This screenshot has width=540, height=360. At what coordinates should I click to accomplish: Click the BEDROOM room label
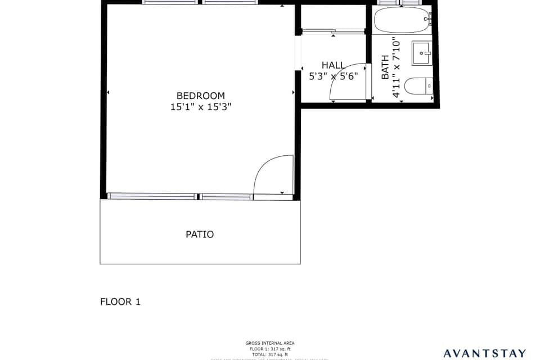coord(200,96)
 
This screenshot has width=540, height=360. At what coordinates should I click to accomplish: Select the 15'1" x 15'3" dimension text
coord(200,107)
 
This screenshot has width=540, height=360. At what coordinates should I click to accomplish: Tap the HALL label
coord(333,65)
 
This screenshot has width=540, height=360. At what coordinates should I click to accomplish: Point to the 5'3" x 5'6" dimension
coord(333,76)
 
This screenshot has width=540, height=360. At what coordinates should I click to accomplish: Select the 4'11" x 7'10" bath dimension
coord(397,67)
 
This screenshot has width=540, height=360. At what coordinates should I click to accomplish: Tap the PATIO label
coord(200,235)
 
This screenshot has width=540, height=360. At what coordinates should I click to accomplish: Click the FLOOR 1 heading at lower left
coord(120,302)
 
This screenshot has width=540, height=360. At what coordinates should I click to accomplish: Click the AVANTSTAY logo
coord(484,353)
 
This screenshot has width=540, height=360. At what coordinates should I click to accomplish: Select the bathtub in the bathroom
coord(402,20)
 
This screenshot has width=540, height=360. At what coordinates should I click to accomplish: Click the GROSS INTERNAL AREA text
coord(269,343)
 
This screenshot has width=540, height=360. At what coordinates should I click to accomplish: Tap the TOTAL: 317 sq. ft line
coord(269,355)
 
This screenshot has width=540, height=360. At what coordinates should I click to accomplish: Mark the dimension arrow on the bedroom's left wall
coord(107,92)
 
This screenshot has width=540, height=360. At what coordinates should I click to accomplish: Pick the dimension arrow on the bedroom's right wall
coord(293,92)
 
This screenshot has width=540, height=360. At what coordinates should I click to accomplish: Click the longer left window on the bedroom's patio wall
coord(152,196)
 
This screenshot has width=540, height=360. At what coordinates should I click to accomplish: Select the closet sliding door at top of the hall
coord(333,31)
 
